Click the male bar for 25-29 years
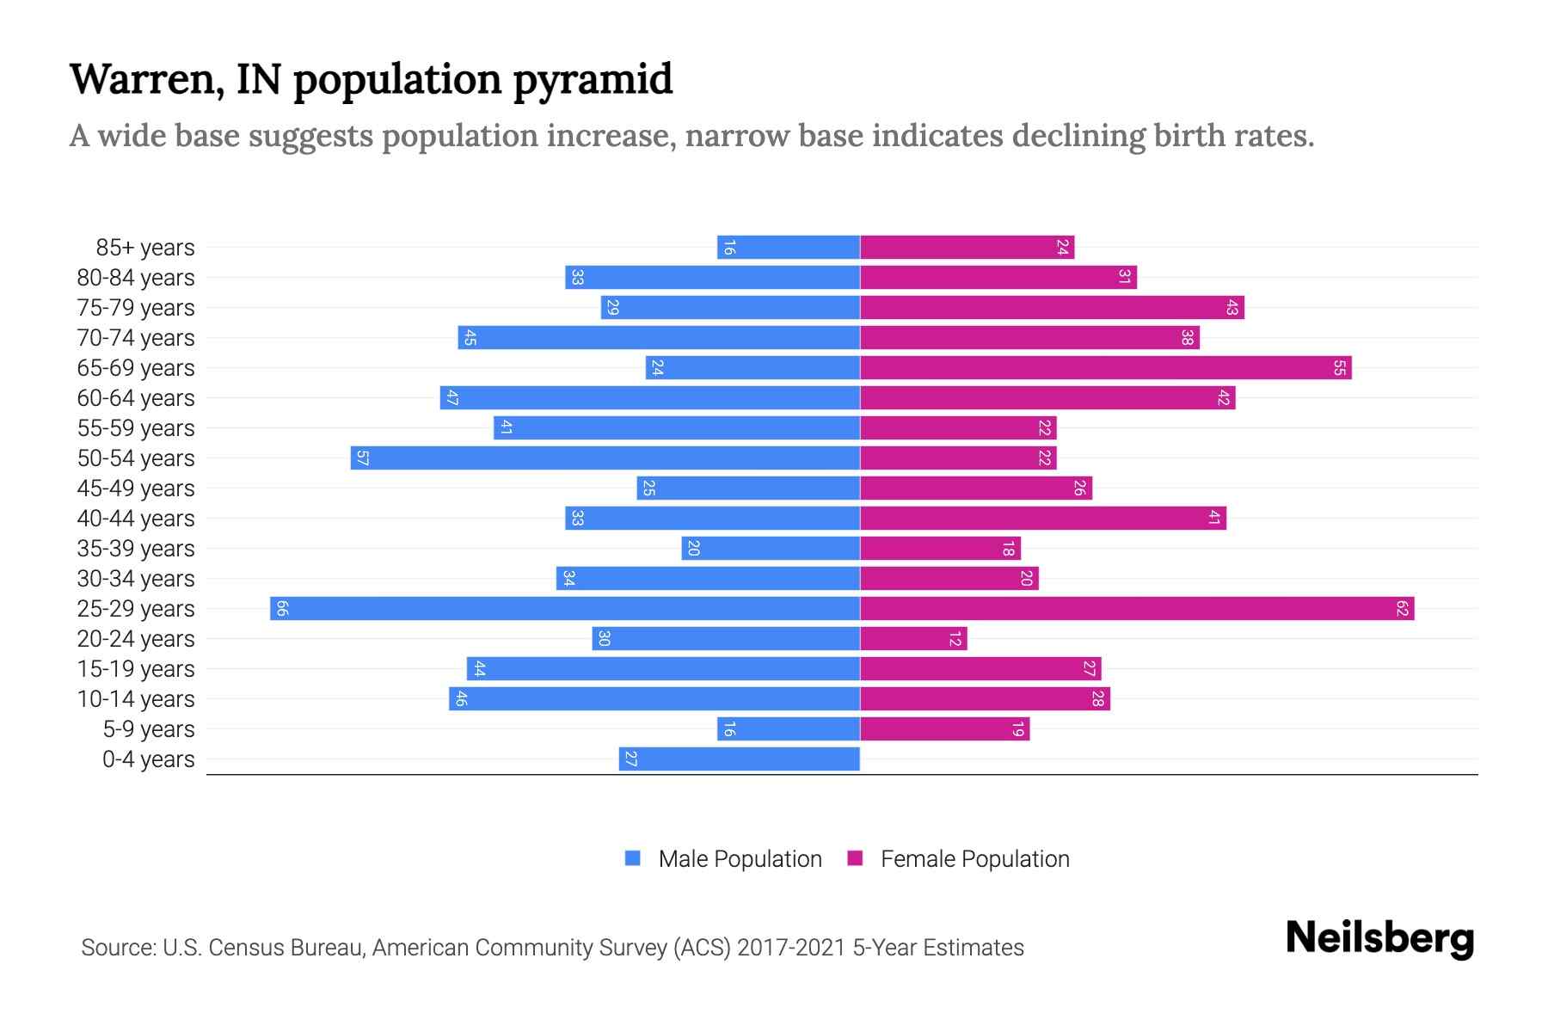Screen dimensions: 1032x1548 [x=565, y=609]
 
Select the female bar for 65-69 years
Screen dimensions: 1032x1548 [x=1105, y=368]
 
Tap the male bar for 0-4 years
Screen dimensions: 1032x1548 [x=740, y=759]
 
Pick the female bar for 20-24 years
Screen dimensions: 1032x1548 [x=913, y=639]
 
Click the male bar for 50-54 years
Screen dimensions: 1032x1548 [x=605, y=458]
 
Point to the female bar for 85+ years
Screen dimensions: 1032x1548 [x=967, y=248]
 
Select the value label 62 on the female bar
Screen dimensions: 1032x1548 [x=1402, y=609]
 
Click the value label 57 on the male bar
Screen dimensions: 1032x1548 [x=362, y=458]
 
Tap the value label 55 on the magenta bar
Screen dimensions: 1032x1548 [x=1339, y=368]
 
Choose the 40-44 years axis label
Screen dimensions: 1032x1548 [x=136, y=519]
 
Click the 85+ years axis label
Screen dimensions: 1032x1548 [x=145, y=248]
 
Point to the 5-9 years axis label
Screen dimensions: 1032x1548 [x=149, y=729]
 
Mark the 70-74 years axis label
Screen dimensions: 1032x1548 [x=136, y=338]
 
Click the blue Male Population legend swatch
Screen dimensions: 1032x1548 [x=633, y=858]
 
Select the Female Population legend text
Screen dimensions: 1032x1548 [x=974, y=859]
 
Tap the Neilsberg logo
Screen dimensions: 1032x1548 [x=1379, y=938]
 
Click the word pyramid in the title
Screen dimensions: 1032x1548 [x=593, y=79]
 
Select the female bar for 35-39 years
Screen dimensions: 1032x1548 [x=940, y=549]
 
